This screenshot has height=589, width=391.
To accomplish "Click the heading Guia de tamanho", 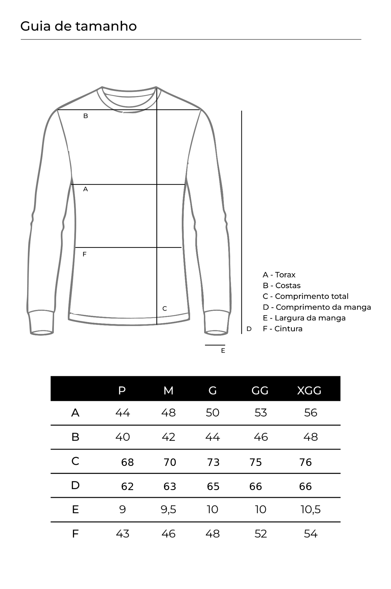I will [78, 26].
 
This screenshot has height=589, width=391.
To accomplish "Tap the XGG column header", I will [309, 390].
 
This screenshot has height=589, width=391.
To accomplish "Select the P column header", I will [122, 390].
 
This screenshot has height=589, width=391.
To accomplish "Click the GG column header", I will [260, 390].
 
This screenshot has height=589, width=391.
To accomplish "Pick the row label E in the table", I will [75, 509].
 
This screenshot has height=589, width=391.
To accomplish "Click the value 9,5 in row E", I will [168, 509].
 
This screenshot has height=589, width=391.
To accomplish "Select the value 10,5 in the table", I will [310, 509].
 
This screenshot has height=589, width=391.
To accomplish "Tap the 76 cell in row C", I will [305, 462].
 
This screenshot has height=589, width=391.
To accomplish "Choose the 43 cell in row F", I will [123, 534].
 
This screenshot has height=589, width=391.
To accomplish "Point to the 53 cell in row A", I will [261, 413].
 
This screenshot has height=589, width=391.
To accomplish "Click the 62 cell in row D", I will [127, 486].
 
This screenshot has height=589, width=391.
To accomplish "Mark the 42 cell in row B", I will [168, 437].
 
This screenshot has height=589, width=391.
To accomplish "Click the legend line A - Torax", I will [279, 275].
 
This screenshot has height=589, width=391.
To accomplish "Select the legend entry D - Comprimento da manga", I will [316, 307].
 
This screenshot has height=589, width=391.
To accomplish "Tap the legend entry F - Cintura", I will [282, 329].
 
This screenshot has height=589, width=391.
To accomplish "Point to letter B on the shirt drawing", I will [86, 116].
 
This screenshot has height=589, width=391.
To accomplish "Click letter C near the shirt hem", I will [165, 309].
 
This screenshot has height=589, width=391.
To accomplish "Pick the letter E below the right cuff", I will [223, 351].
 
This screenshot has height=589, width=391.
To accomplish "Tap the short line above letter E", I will [215, 345].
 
